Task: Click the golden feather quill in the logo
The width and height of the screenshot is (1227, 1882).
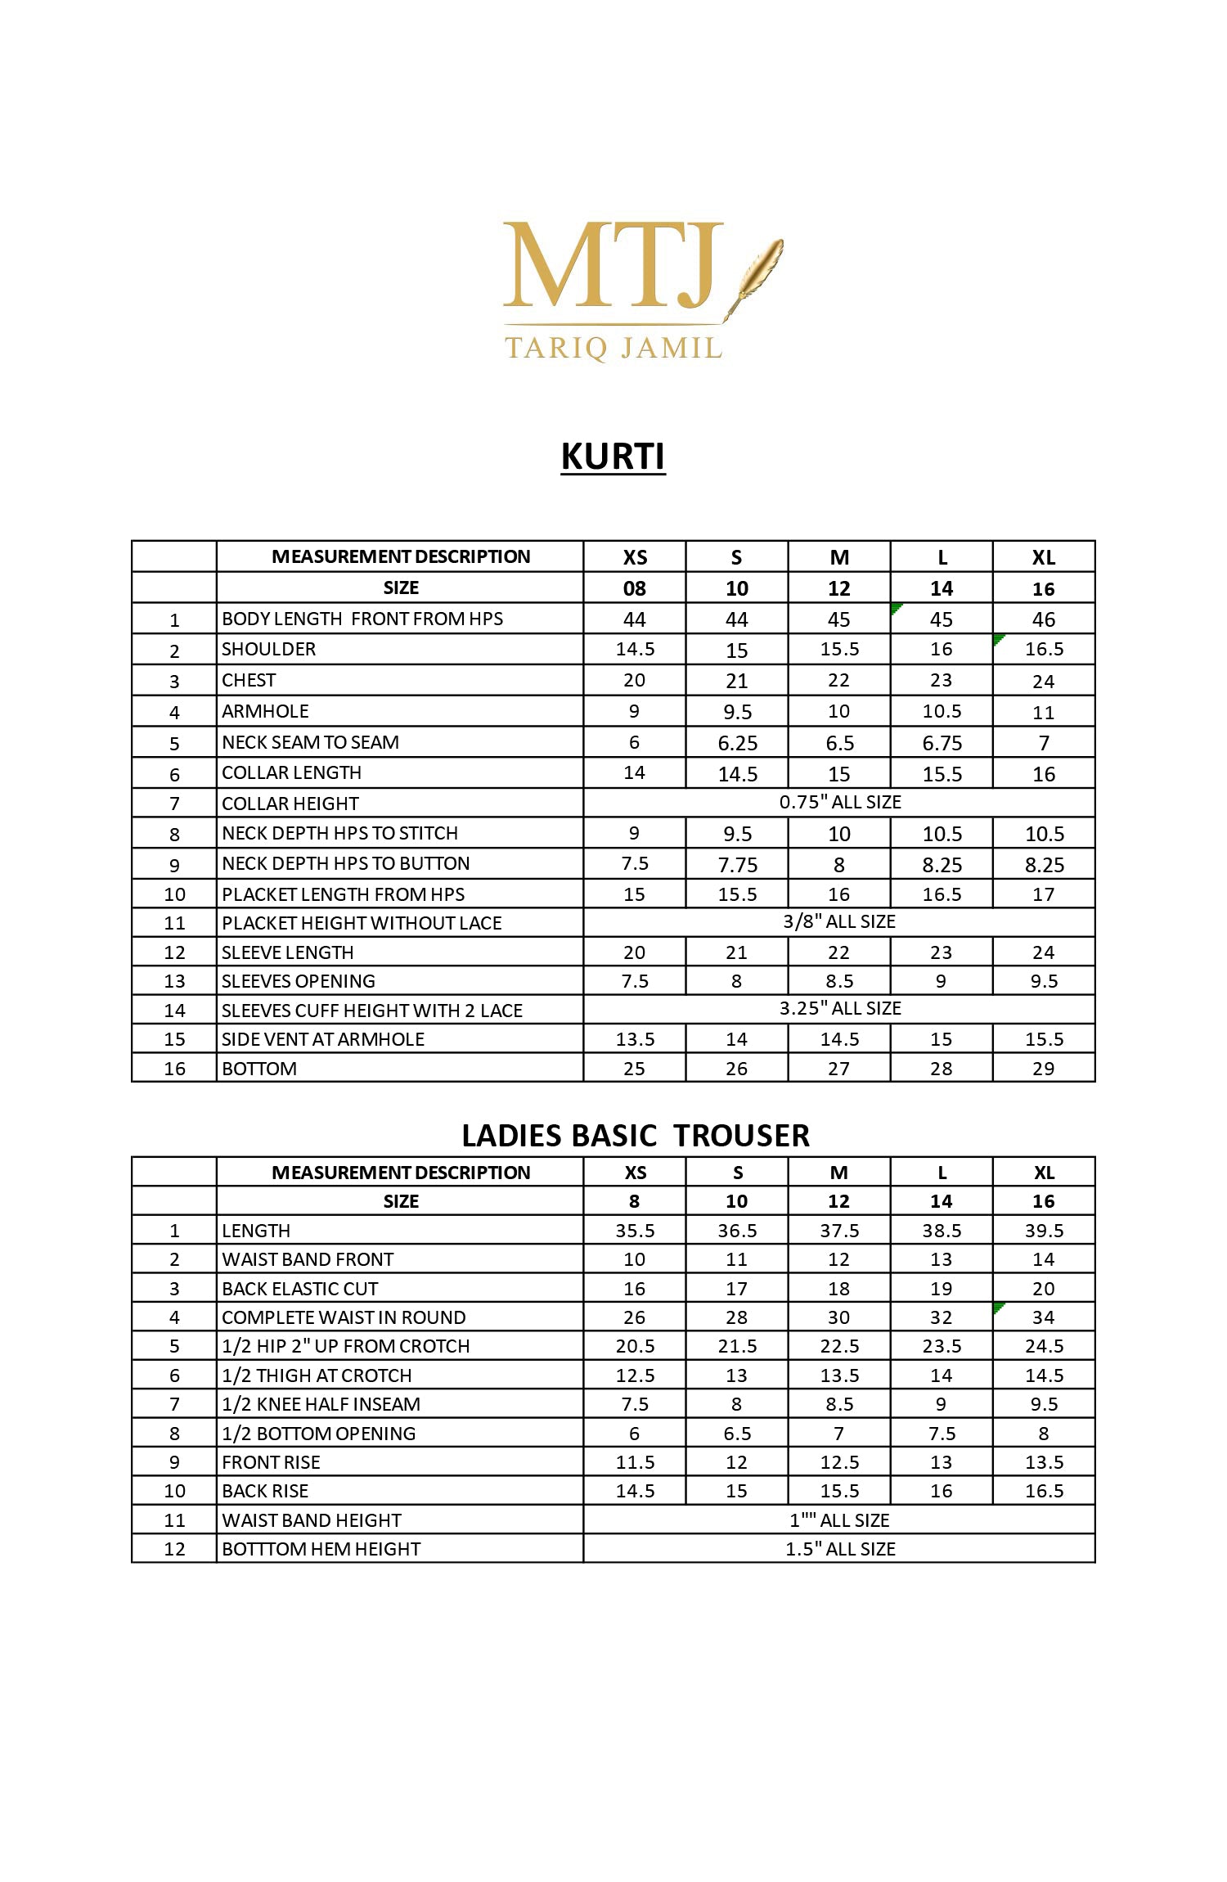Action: pyautogui.click(x=757, y=274)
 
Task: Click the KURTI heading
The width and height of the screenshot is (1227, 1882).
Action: pyautogui.click(x=613, y=456)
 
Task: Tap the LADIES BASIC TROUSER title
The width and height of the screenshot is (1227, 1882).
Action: pyautogui.click(x=636, y=1135)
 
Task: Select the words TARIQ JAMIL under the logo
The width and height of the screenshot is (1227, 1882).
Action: pyautogui.click(x=613, y=348)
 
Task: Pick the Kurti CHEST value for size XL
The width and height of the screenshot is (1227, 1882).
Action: pyautogui.click(x=1043, y=681)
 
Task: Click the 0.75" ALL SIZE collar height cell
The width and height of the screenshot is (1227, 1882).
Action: pyautogui.click(x=839, y=802)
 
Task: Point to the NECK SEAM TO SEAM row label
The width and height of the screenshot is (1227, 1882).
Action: pyautogui.click(x=310, y=742)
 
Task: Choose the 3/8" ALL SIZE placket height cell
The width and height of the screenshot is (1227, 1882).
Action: pyautogui.click(x=839, y=921)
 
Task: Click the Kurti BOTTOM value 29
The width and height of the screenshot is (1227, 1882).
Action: pyautogui.click(x=1043, y=1068)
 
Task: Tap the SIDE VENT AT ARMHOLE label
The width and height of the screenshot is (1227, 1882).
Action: pyautogui.click(x=323, y=1039)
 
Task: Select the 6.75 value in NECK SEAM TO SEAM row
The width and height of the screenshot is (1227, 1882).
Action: pyautogui.click(x=942, y=743)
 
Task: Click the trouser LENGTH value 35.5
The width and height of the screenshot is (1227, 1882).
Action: pyautogui.click(x=635, y=1231)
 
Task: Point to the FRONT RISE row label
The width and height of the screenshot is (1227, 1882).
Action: pyautogui.click(x=271, y=1462)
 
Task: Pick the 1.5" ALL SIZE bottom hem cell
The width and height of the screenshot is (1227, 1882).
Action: pyautogui.click(x=840, y=1549)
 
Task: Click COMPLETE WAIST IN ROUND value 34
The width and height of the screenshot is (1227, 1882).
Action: pyautogui.click(x=1043, y=1317)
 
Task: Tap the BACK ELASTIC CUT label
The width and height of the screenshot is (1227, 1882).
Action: pyautogui.click(x=299, y=1289)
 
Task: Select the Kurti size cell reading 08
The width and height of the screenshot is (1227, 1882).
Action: pyautogui.click(x=635, y=588)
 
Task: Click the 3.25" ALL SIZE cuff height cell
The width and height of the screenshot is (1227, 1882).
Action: pyautogui.click(x=839, y=1008)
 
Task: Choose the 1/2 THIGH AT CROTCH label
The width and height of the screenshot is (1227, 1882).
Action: pyautogui.click(x=317, y=1375)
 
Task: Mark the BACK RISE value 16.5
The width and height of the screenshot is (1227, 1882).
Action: pyautogui.click(x=1044, y=1491)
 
